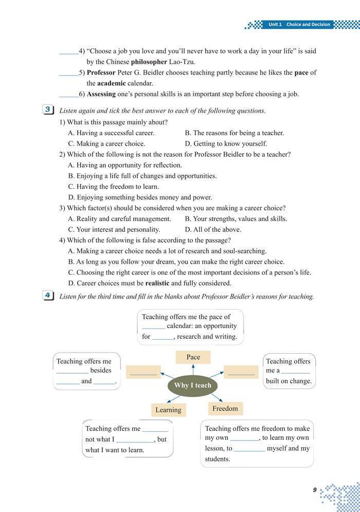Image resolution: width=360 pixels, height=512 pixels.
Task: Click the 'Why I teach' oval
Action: click(x=192, y=385)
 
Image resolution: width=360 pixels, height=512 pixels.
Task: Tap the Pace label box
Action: click(x=193, y=357)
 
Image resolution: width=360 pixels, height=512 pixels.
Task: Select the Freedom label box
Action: click(x=225, y=409)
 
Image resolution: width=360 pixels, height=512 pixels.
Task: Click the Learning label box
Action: click(x=168, y=410)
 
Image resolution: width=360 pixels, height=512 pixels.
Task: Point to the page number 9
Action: click(x=314, y=490)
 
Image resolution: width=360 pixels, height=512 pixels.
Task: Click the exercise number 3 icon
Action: click(x=47, y=109)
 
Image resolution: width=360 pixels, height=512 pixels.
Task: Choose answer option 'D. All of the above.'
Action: click(x=213, y=229)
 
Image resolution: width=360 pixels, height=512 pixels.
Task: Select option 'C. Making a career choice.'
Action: click(x=106, y=144)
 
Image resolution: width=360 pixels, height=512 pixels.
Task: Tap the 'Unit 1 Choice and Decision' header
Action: click(x=299, y=24)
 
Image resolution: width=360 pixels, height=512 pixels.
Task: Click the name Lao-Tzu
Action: click(x=183, y=62)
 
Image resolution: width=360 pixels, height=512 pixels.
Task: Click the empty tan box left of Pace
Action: click(x=143, y=372)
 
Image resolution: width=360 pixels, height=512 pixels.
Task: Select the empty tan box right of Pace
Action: click(x=241, y=372)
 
